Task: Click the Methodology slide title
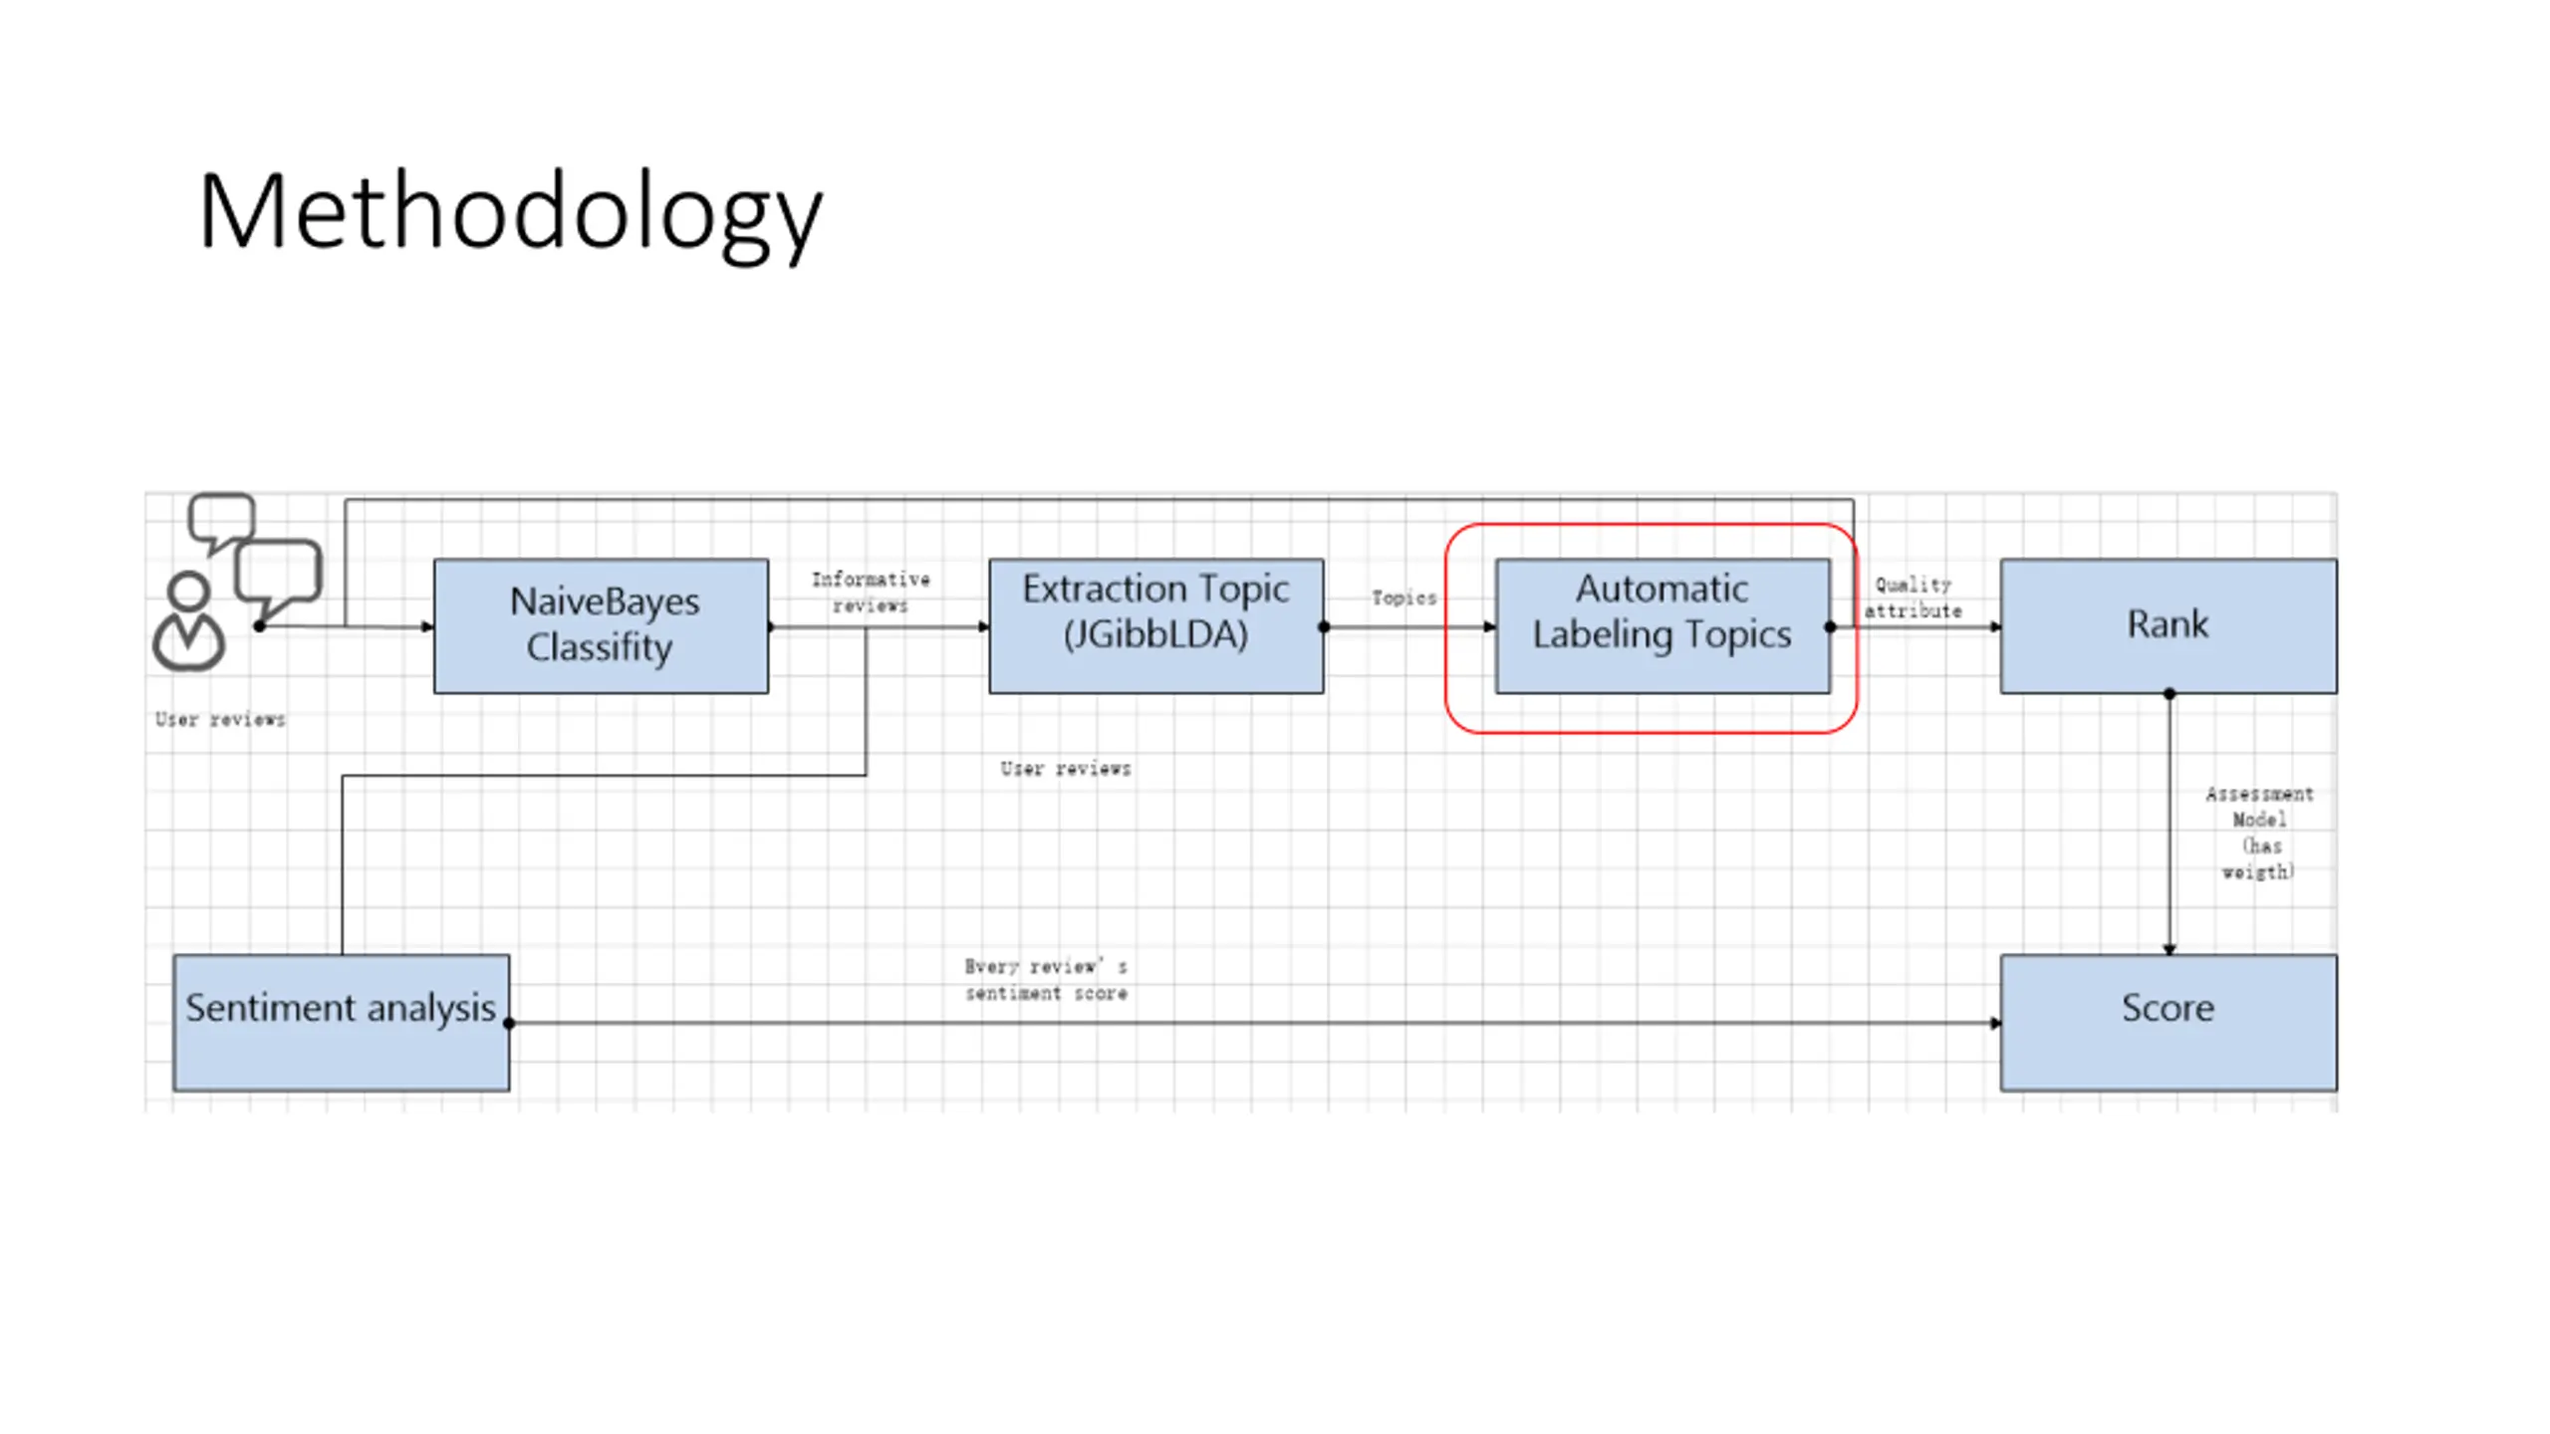click(510, 213)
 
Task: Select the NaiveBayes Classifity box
click(601, 625)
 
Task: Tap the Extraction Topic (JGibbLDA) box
click(1155, 625)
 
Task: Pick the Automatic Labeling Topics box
click(1661, 625)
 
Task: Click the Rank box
click(2167, 625)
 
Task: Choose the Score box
click(2167, 1022)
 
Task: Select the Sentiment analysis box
click(341, 1022)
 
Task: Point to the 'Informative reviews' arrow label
click(871, 593)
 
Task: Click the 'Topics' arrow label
click(1403, 598)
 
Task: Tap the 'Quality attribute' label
click(1912, 598)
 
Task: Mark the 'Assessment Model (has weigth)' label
click(2258, 833)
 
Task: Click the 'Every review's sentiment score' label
click(1046, 980)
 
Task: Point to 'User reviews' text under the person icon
click(220, 720)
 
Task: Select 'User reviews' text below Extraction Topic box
click(1066, 769)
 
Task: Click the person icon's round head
click(188, 591)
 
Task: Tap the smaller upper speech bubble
click(222, 518)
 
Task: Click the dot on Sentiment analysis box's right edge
click(509, 1023)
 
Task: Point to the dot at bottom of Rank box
click(2168, 694)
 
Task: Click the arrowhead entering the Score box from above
click(2168, 949)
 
